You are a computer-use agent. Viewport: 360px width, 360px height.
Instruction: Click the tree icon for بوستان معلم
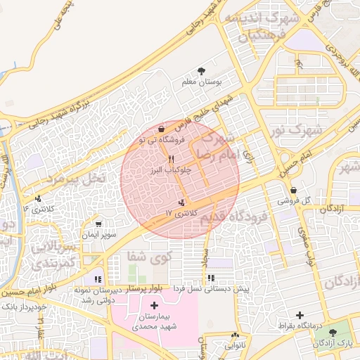[202, 70]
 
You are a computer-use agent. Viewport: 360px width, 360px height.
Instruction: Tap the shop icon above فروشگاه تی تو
[162, 129]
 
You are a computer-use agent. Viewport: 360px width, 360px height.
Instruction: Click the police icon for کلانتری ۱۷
[173, 202]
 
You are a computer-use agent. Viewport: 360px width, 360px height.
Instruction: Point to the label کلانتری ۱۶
[37, 209]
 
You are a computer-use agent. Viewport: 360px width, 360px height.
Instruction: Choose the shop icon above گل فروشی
[292, 190]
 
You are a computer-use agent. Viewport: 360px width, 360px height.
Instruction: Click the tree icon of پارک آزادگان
[333, 331]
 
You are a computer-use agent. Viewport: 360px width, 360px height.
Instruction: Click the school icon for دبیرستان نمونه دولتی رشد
[97, 279]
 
